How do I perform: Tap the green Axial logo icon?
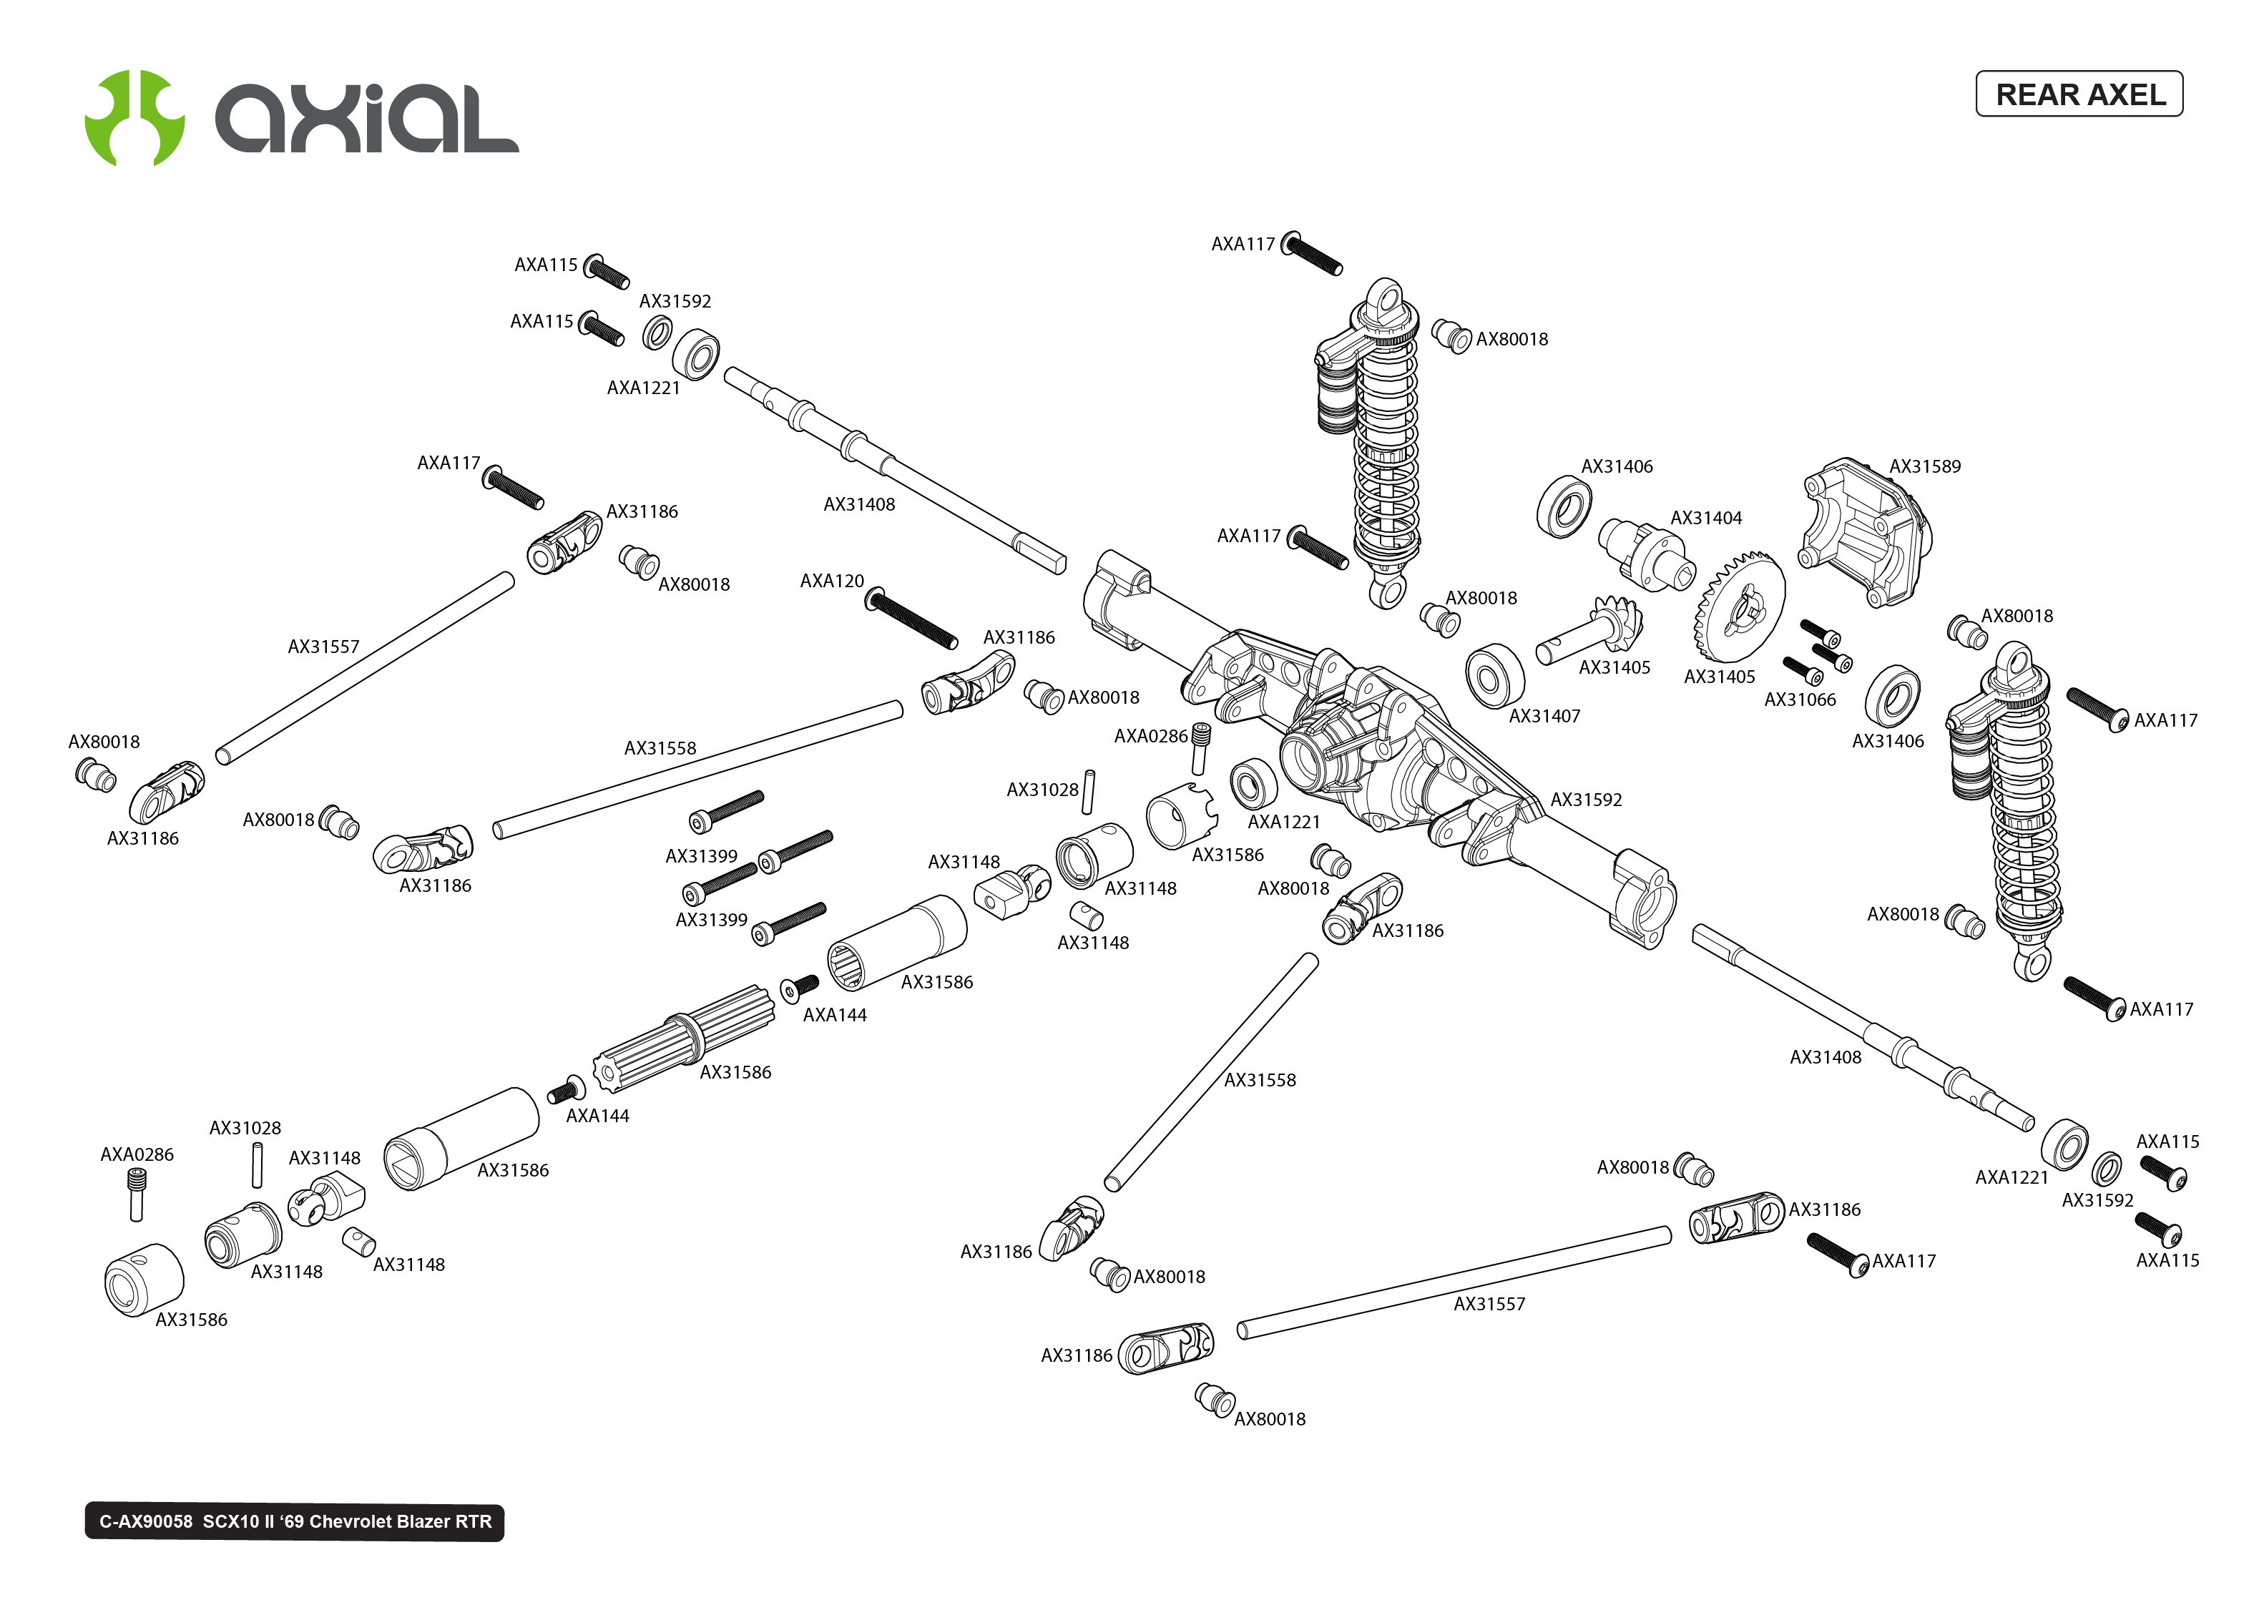134,118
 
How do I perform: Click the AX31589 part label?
1924,466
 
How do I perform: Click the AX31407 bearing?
1494,676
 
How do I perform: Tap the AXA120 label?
832,581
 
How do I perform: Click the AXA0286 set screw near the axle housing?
1200,747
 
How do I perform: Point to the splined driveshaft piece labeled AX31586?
684,1041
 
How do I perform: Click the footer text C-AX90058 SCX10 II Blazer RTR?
295,1522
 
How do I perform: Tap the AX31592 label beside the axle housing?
1586,799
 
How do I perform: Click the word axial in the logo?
367,119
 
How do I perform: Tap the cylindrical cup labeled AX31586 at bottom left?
144,1279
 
